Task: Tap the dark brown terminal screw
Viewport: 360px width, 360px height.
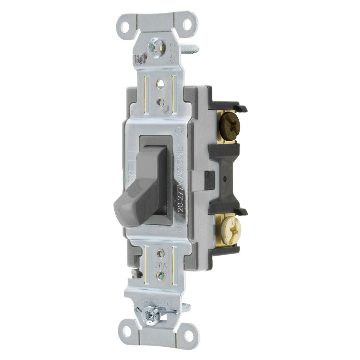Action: (x=230, y=124)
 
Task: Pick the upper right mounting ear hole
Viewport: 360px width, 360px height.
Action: (x=187, y=24)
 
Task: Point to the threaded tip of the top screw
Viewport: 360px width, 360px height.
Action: (x=190, y=49)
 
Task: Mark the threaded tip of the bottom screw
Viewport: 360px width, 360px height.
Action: (x=186, y=308)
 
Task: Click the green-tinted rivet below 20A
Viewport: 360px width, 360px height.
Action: (x=161, y=275)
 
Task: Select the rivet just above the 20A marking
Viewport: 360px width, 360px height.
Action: (x=160, y=253)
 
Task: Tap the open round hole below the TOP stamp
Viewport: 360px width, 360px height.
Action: (x=160, y=84)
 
